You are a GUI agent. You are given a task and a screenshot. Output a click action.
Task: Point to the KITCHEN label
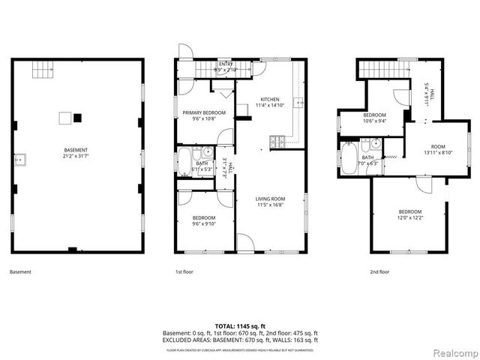[x=269, y=100]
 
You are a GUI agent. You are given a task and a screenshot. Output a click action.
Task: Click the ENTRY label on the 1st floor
[x=225, y=64]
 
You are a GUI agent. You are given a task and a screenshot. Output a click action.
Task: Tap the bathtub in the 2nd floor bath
[x=349, y=158]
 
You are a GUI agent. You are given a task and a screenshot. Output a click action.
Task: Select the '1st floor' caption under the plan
[x=184, y=271]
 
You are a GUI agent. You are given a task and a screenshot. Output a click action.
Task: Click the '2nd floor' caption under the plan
[x=379, y=271]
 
